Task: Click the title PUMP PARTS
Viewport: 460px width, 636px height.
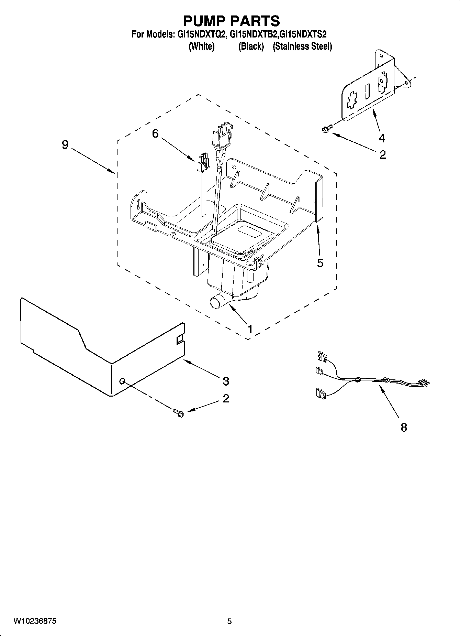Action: coord(231,21)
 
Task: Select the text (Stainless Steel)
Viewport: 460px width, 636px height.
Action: coord(302,46)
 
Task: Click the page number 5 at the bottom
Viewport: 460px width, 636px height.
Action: coord(229,621)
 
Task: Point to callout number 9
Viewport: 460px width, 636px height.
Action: coord(65,145)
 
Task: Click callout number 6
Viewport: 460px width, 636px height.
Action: coord(155,133)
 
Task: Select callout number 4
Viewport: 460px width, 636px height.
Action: coord(381,138)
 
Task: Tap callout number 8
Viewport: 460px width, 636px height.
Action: coord(404,428)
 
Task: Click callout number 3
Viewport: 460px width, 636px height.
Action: coord(226,381)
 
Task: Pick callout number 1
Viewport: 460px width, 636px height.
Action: coord(250,329)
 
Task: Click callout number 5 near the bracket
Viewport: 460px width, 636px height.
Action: coord(320,263)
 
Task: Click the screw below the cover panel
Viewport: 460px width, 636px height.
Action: coord(179,412)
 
